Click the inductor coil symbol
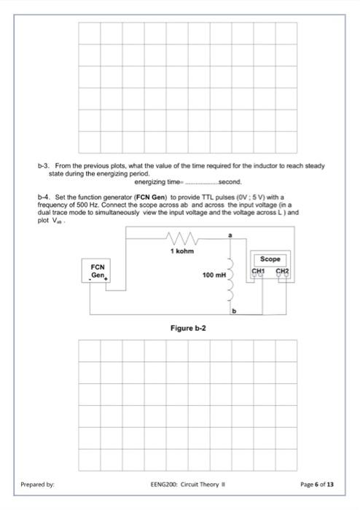pyautogui.click(x=234, y=278)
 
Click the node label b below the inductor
pyautogui.click(x=235, y=311)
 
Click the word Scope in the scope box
pyautogui.click(x=270, y=259)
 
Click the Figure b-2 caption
pyautogui.click(x=188, y=329)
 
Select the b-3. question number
pyautogui.click(x=43, y=166)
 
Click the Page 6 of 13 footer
pyautogui.click(x=317, y=484)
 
